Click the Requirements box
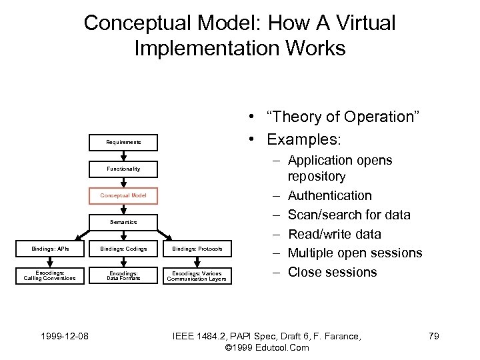click(x=123, y=142)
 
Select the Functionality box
click(x=123, y=169)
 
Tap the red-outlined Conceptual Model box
click(x=123, y=195)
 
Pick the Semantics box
click(x=123, y=222)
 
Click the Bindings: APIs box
click(x=50, y=249)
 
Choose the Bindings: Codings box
click(x=123, y=249)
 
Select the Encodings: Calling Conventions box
click(x=50, y=275)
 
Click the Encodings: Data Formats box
click(x=123, y=275)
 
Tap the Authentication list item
click(x=329, y=196)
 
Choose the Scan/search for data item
click(x=349, y=215)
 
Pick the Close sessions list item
click(x=332, y=272)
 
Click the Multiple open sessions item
click(x=355, y=253)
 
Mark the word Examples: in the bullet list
click(x=304, y=140)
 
